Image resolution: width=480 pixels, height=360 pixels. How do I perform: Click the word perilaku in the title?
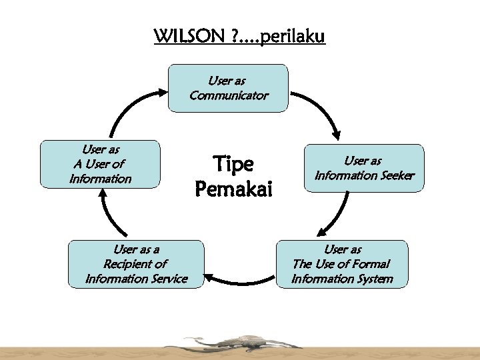[x=293, y=36]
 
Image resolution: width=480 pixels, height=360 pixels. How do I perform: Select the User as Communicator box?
[x=228, y=88]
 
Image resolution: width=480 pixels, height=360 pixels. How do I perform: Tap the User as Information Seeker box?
[x=364, y=168]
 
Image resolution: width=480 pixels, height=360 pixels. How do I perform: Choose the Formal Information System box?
[x=342, y=264]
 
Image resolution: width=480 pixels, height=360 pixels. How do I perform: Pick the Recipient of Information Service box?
[x=136, y=264]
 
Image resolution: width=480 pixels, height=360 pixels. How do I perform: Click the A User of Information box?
[x=100, y=164]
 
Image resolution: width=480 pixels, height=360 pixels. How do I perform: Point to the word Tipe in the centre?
[x=233, y=164]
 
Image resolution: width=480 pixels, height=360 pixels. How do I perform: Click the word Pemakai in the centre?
[x=233, y=191]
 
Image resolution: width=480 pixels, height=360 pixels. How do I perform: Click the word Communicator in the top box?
[x=229, y=95]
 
